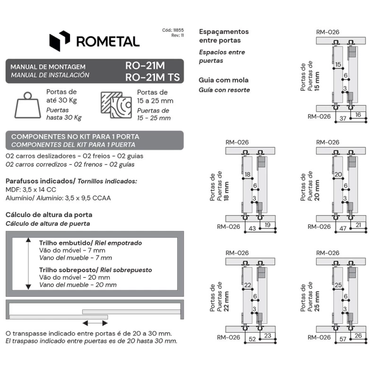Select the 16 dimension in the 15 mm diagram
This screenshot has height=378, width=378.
[x=358, y=115]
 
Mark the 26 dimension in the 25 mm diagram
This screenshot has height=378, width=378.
[x=359, y=335]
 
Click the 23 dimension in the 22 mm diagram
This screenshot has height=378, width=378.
[x=268, y=335]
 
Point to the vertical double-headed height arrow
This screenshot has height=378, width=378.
[x=28, y=264]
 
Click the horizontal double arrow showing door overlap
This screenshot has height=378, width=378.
[x=95, y=323]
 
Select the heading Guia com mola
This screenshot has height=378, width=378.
[x=223, y=80]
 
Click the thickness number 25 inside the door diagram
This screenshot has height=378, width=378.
[x=338, y=285]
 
